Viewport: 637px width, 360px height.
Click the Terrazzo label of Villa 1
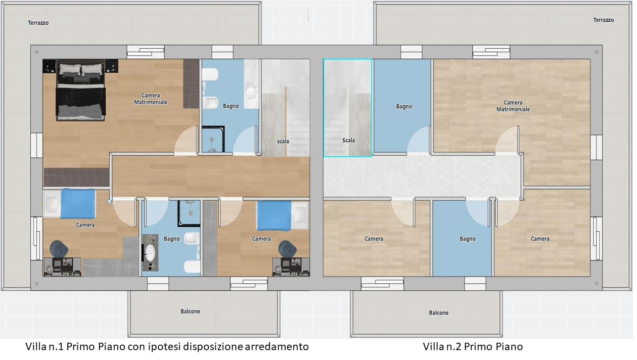click(38, 23)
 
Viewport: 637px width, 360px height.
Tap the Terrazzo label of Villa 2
click(603, 20)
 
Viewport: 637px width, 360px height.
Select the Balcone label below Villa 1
click(190, 312)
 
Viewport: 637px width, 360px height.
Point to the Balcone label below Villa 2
click(439, 313)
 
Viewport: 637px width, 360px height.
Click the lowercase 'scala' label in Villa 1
click(283, 141)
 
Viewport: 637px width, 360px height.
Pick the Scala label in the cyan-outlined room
click(348, 140)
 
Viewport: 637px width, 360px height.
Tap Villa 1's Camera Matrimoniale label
click(150, 99)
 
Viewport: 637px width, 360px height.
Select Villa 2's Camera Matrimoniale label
click(513, 106)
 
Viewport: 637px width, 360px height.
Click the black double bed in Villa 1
click(81, 90)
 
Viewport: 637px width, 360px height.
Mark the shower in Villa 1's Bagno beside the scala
click(213, 139)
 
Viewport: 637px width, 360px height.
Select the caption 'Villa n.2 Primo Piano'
click(473, 347)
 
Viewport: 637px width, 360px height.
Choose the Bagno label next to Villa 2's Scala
click(404, 106)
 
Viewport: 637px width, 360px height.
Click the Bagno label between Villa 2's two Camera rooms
click(467, 239)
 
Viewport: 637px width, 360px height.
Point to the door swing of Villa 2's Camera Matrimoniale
click(507, 140)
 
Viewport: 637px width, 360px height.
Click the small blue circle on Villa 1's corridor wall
click(109, 201)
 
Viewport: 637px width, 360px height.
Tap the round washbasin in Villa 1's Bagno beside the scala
click(251, 92)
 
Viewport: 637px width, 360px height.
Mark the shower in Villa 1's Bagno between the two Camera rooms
click(189, 214)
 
